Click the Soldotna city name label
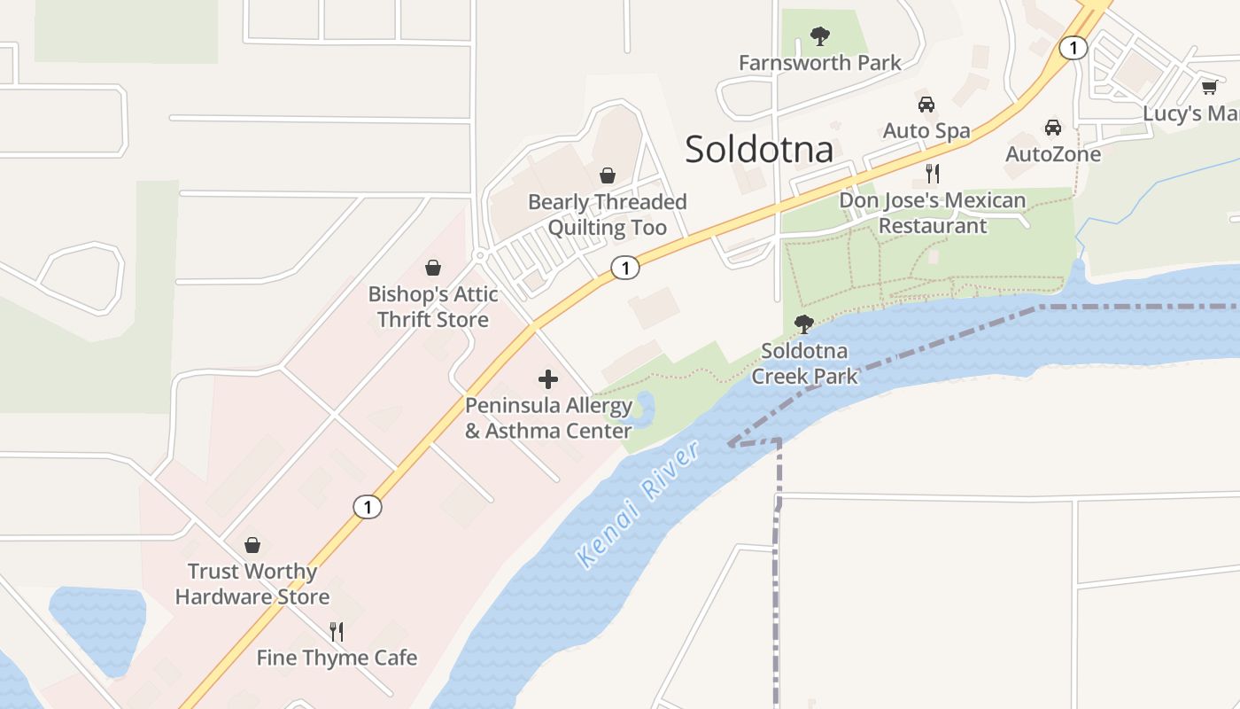pyautogui.click(x=759, y=149)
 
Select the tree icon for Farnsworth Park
pyautogui.click(x=820, y=36)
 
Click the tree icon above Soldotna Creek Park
pyautogui.click(x=804, y=324)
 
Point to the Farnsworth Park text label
pyautogui.click(x=819, y=63)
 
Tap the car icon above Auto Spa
pyautogui.click(x=926, y=105)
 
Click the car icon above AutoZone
pyautogui.click(x=1053, y=128)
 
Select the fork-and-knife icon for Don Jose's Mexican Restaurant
pyautogui.click(x=932, y=173)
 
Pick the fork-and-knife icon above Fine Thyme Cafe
pyautogui.click(x=337, y=631)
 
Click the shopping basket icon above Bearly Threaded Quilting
pyautogui.click(x=608, y=175)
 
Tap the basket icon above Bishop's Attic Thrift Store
pyautogui.click(x=433, y=268)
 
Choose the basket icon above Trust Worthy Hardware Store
pyautogui.click(x=252, y=545)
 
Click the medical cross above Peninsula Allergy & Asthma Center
pyautogui.click(x=548, y=380)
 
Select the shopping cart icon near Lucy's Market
pyautogui.click(x=1209, y=87)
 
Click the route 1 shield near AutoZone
pyautogui.click(x=1073, y=48)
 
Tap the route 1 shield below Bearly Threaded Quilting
pyautogui.click(x=625, y=268)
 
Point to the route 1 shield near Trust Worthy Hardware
pyautogui.click(x=368, y=507)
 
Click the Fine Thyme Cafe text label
pyautogui.click(x=337, y=658)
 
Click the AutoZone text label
pyautogui.click(x=1053, y=154)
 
